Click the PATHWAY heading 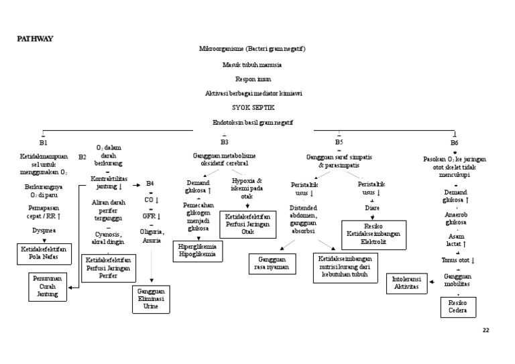[x=34, y=38]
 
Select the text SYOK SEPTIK [x=253, y=107]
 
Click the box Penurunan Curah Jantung [x=48, y=286]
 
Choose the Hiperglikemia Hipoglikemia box [x=198, y=250]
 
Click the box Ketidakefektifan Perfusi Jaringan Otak [x=248, y=224]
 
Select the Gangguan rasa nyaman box [x=273, y=262]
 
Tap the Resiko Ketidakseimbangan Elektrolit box [x=376, y=234]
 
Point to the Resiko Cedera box [x=458, y=307]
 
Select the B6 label [x=455, y=143]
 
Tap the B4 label [x=150, y=183]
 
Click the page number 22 [x=486, y=330]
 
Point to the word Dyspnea [x=44, y=230]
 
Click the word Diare [x=372, y=208]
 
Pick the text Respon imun [x=252, y=78]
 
